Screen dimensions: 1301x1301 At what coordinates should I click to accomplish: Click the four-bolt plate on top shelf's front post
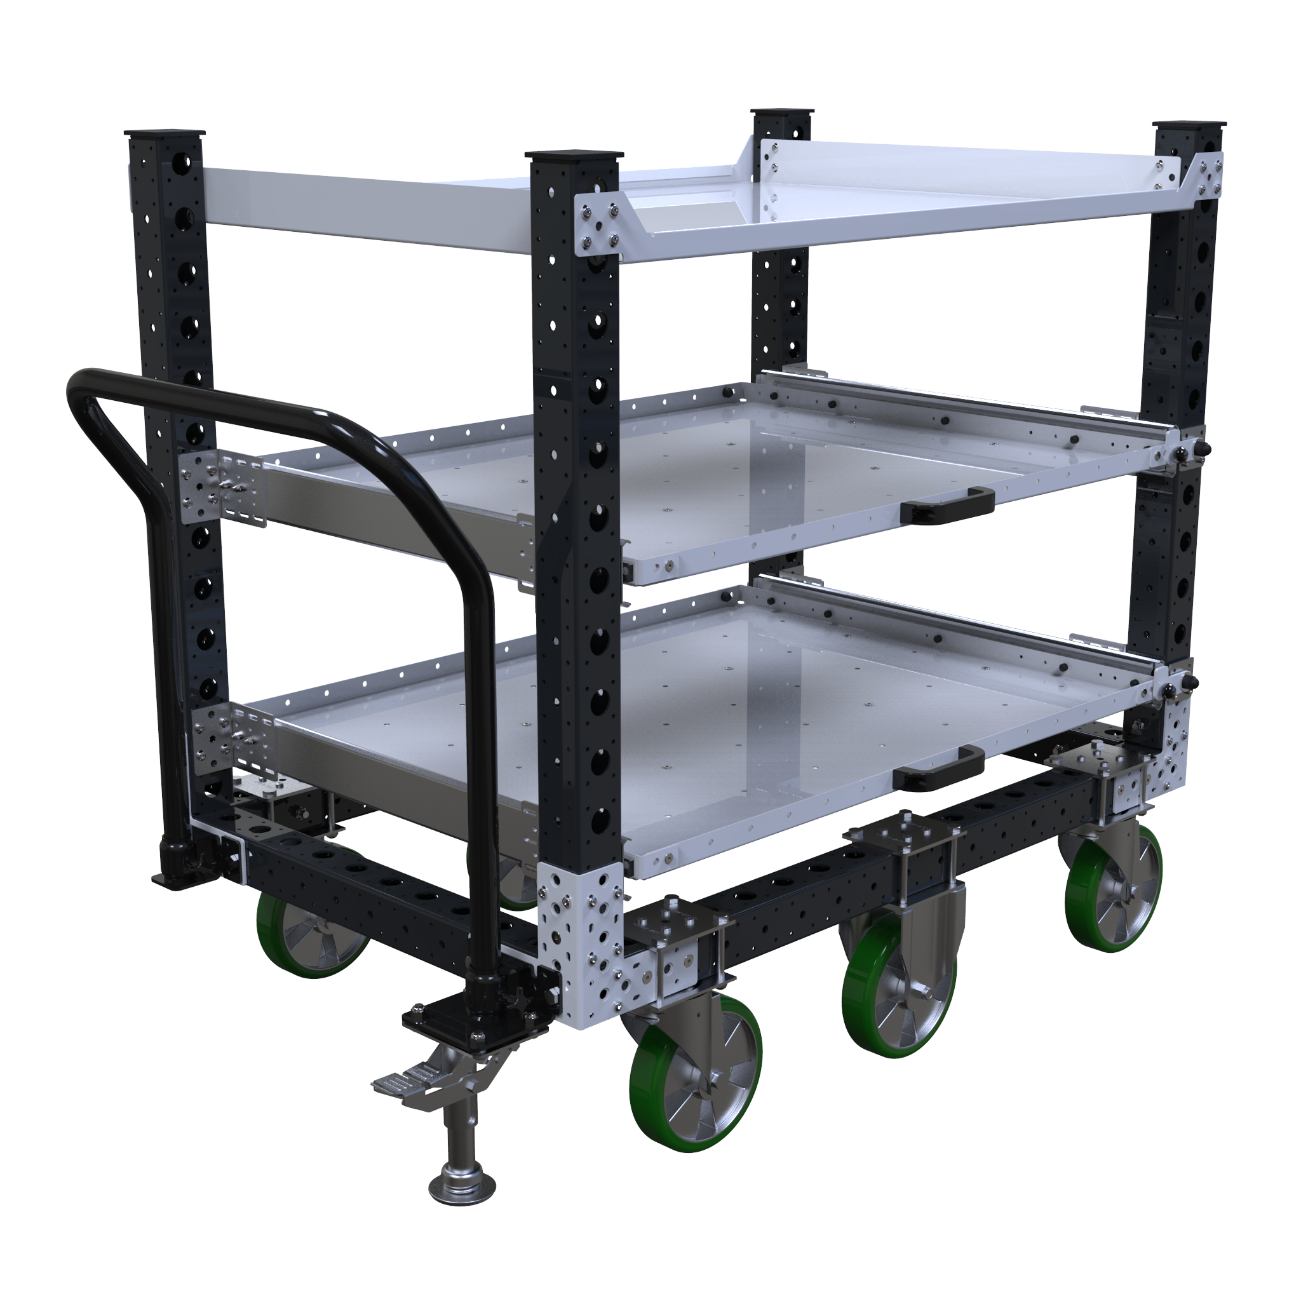tap(598, 226)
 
